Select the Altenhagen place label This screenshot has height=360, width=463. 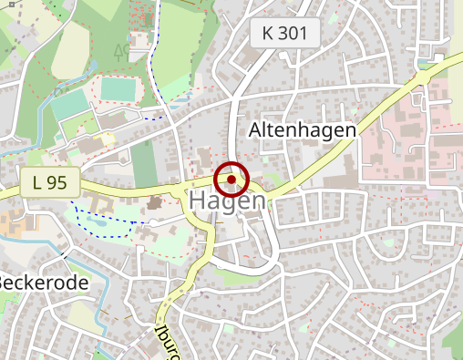(302, 130)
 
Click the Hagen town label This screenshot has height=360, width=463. (228, 201)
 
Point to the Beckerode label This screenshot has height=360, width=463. (44, 283)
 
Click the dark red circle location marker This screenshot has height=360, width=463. (232, 180)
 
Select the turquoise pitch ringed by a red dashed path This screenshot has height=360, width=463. (116, 89)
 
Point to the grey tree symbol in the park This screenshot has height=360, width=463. (121, 49)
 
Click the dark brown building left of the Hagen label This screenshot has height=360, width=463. (152, 201)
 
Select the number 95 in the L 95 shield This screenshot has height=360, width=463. (57, 182)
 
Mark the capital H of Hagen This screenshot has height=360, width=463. (199, 201)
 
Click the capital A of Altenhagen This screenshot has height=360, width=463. (256, 130)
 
